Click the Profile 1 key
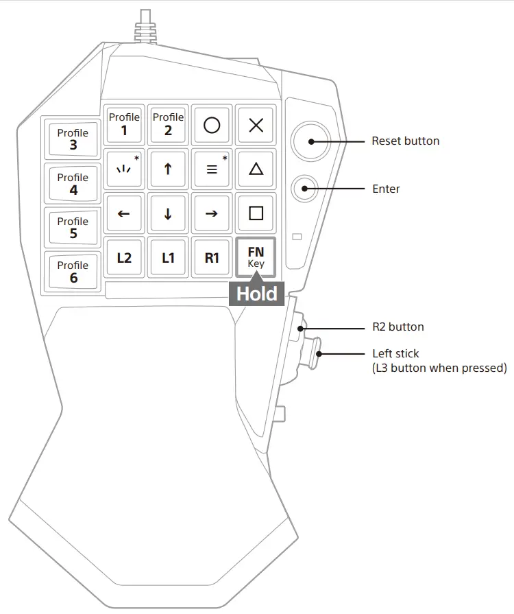pos(124,124)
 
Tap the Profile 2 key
pos(168,124)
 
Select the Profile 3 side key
pos(73,139)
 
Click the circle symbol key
pos(212,125)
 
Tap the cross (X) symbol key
pos(256,125)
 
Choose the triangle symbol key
pos(256,169)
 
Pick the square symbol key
pos(256,213)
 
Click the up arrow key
pos(168,169)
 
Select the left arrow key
pos(124,213)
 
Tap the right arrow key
pos(212,213)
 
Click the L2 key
pos(124,258)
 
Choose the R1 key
pos(212,258)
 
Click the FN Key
pos(256,257)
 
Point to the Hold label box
pos(257,294)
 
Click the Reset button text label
pos(405,141)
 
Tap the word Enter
pos(386,189)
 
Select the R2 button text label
pos(397,327)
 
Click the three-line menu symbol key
pos(212,169)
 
